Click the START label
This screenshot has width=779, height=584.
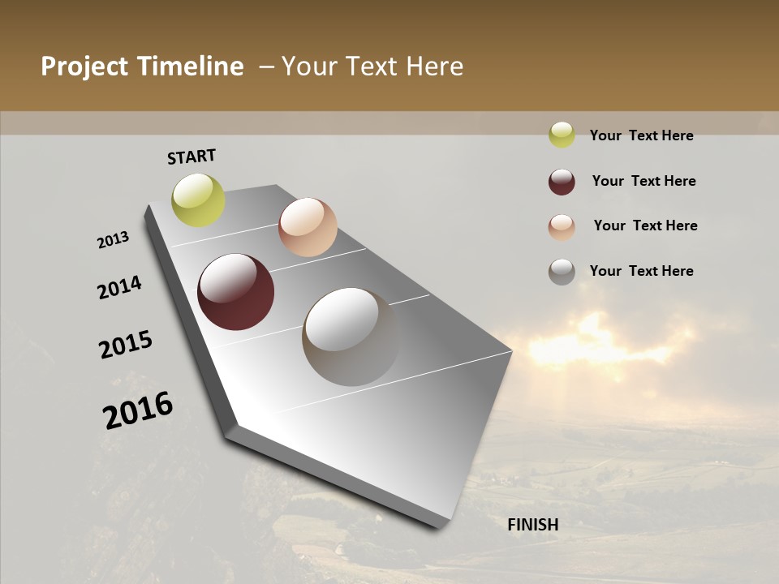point(192,157)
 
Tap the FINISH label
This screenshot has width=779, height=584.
point(532,525)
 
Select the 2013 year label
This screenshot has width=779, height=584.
point(114,240)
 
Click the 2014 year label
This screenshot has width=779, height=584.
point(119,288)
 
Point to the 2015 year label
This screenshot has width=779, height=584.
point(126,345)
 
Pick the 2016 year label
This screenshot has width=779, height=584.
point(138,410)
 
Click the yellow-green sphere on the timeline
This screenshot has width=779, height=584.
point(198,200)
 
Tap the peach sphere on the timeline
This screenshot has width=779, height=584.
point(308,227)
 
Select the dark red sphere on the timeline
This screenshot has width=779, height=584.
point(235,292)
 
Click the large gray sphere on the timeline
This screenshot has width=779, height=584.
point(351,337)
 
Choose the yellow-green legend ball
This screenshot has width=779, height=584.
point(562,135)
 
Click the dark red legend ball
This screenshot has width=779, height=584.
point(562,182)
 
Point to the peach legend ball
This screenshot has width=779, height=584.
point(562,227)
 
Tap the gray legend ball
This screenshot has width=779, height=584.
point(562,272)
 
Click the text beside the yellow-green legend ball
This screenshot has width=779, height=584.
point(641,135)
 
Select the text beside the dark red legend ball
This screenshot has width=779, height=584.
point(643,181)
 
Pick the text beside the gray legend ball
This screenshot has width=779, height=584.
point(641,271)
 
